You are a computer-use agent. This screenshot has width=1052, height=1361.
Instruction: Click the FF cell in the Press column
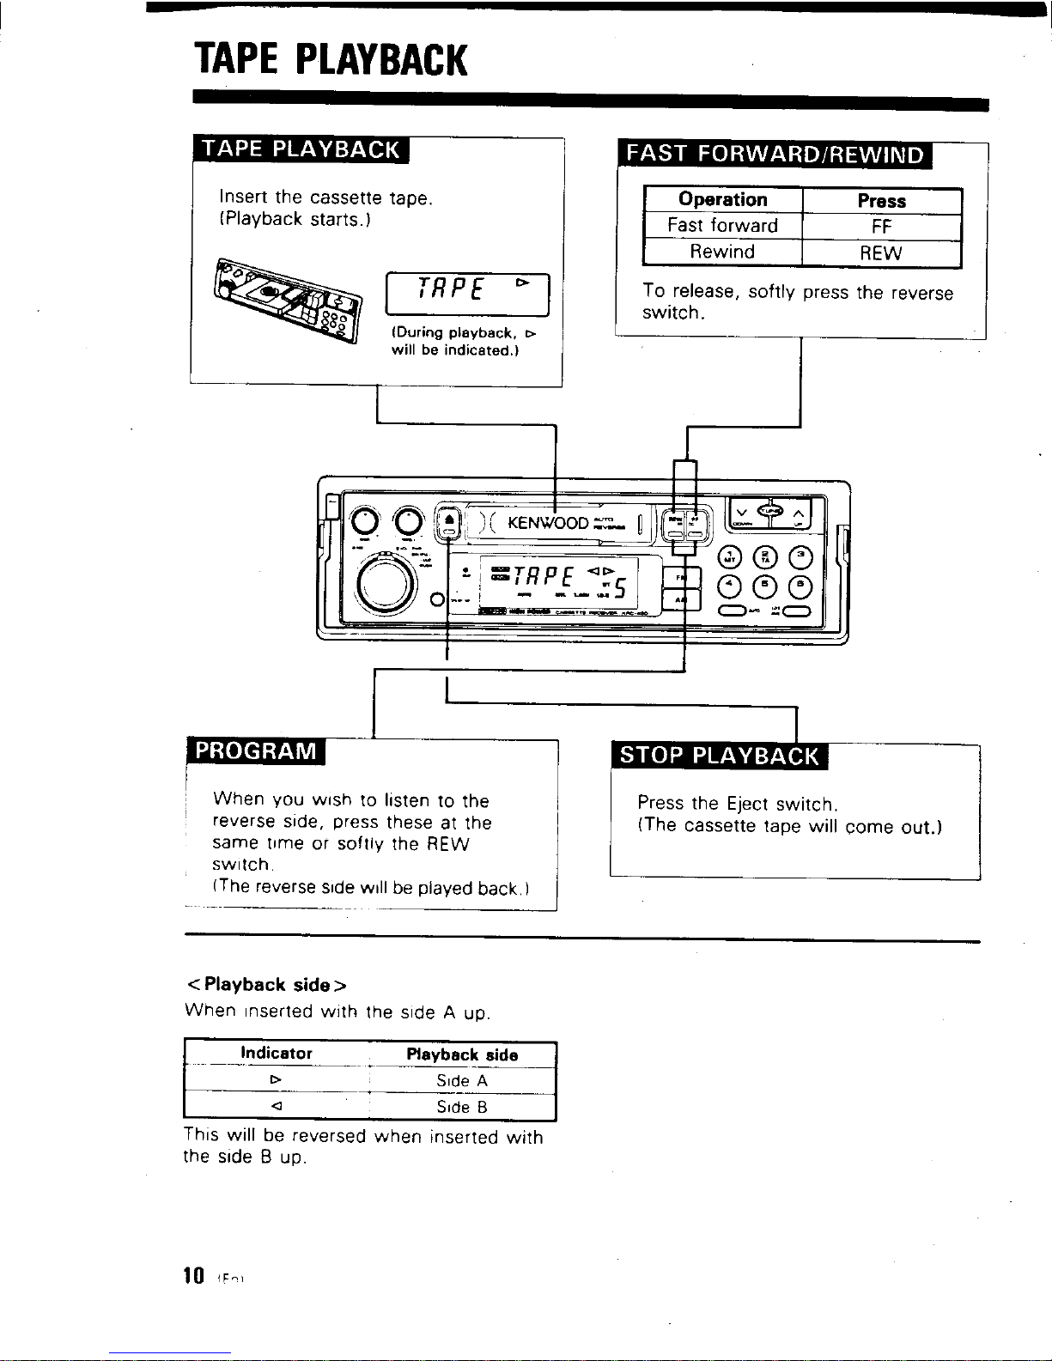(x=881, y=227)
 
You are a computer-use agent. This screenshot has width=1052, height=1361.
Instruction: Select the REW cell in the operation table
(x=881, y=253)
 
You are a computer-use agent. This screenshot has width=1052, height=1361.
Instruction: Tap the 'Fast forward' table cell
(x=722, y=226)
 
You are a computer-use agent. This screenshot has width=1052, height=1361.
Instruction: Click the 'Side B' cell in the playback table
(x=462, y=1108)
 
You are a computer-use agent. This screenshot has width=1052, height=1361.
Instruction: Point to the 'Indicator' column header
(x=277, y=1054)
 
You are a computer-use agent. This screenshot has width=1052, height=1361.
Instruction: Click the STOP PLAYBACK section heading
(x=720, y=756)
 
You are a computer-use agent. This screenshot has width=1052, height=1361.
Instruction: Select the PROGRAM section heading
(x=256, y=750)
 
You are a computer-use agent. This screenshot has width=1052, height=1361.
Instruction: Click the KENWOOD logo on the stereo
(x=548, y=523)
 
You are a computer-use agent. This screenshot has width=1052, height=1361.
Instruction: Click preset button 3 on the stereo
(x=800, y=556)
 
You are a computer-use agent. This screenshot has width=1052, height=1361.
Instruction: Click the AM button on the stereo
(x=681, y=600)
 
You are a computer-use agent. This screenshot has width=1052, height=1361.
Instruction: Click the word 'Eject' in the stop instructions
(x=747, y=805)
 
